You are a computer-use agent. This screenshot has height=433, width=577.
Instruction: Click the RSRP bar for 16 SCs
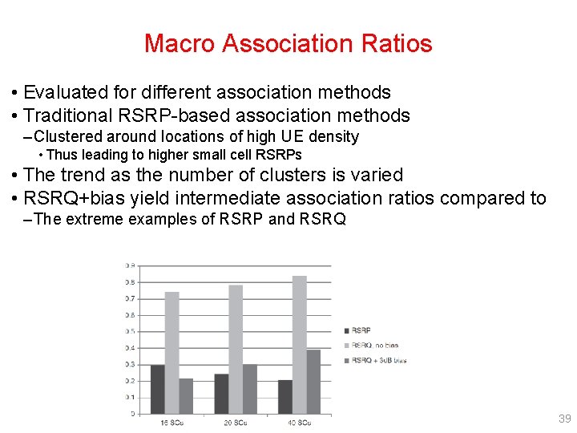(158, 389)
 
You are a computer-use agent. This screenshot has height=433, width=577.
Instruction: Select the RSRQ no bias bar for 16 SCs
(171, 353)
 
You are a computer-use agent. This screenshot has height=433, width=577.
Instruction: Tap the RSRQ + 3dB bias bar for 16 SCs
(186, 396)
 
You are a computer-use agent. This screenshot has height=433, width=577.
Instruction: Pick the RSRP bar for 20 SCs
(221, 394)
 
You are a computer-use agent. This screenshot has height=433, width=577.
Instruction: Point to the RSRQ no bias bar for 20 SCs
(236, 350)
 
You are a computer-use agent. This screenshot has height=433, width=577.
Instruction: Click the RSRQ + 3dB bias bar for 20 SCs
(250, 389)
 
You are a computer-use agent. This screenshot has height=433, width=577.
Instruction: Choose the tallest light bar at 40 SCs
(299, 345)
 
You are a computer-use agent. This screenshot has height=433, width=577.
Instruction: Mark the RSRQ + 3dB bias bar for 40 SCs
(313, 382)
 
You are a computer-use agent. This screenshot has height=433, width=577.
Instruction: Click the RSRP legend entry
(361, 330)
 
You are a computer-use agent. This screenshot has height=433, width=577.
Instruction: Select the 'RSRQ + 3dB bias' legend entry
(378, 360)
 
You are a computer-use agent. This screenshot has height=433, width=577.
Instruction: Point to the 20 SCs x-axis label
(235, 423)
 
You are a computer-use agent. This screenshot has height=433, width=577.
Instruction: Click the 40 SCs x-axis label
(299, 423)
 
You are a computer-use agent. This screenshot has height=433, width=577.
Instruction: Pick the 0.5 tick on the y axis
(130, 331)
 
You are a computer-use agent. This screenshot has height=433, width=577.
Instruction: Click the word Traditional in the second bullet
(75, 116)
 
